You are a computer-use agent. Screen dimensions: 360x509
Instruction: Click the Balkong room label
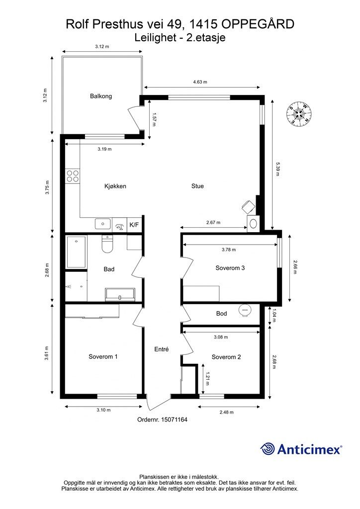click(x=101, y=96)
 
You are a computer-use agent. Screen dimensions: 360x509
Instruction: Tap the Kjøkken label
click(x=115, y=186)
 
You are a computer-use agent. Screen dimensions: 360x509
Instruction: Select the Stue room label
click(x=197, y=186)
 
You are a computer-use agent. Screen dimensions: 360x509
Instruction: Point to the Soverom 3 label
click(x=230, y=268)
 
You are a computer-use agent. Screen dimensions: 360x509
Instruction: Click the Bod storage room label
click(x=221, y=314)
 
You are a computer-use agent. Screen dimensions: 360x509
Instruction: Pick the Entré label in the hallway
click(x=161, y=349)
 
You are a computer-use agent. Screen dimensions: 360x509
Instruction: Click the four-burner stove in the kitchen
click(x=73, y=176)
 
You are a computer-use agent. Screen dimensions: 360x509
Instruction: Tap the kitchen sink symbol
click(x=103, y=224)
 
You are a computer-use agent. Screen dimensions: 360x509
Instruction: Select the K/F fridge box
click(x=134, y=225)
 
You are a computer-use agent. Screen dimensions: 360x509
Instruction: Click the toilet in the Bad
click(x=107, y=244)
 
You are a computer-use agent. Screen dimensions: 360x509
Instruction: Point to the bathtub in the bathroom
click(x=76, y=252)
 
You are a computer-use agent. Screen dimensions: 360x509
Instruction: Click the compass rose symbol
click(x=299, y=114)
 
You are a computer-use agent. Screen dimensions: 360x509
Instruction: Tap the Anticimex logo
click(x=301, y=449)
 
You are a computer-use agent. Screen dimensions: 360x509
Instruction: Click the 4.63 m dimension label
click(x=200, y=82)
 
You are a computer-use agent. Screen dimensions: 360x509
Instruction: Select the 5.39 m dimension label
click(x=277, y=169)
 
